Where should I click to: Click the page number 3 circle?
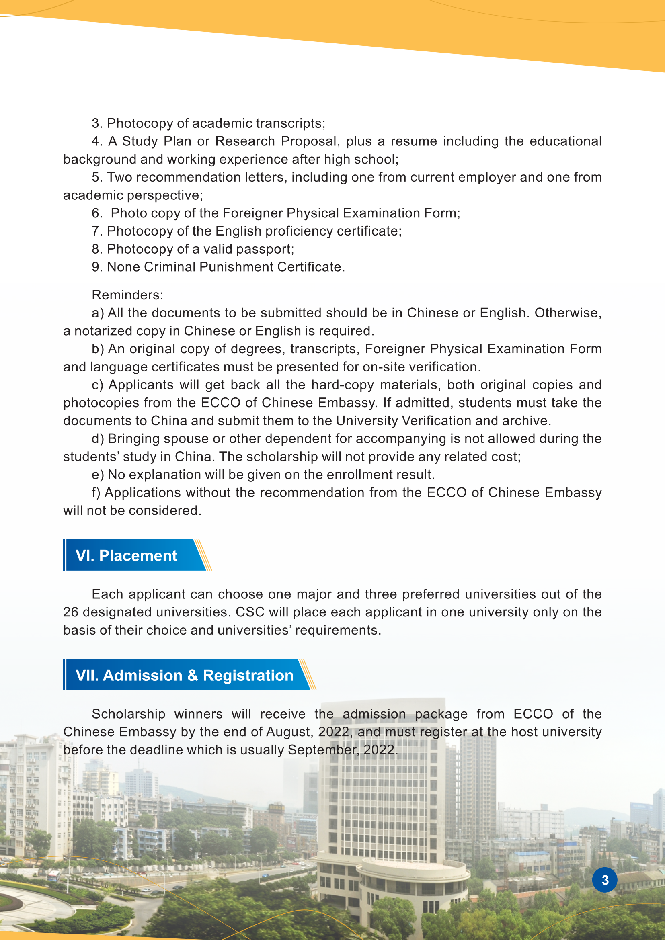click(x=604, y=880)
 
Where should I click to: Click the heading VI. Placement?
click(x=126, y=555)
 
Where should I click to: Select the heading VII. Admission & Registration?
click(x=185, y=675)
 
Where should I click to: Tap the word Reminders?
click(x=127, y=295)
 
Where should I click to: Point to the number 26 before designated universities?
click(x=71, y=612)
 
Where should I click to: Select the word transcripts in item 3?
click(x=288, y=123)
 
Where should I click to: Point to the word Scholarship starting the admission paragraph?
click(x=129, y=714)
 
